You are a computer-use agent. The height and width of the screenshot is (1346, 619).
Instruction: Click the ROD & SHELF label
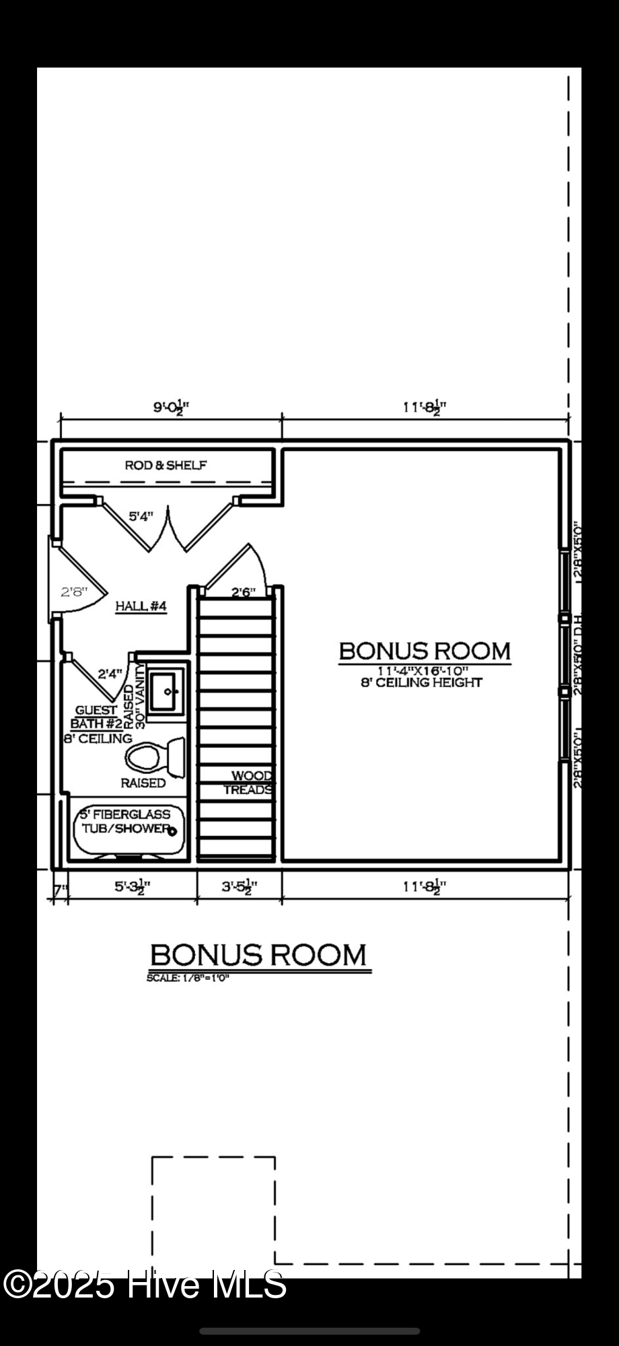pos(166,465)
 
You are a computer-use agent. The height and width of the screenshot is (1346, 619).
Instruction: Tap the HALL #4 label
pos(141,606)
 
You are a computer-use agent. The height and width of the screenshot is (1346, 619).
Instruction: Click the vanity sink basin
pos(166,690)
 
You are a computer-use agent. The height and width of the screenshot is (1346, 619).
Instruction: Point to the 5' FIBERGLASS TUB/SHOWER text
pos(125,822)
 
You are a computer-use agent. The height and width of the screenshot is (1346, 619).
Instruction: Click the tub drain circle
pos(173,831)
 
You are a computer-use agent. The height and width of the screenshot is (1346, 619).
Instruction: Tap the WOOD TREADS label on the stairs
pos(249,783)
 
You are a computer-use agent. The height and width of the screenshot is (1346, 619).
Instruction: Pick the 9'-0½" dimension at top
pos(172,407)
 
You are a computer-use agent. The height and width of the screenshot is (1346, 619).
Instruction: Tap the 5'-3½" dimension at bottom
pos(132,887)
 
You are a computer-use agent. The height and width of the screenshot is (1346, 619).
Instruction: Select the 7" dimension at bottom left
pos(60,890)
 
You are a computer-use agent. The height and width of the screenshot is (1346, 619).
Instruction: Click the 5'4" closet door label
pos(141,516)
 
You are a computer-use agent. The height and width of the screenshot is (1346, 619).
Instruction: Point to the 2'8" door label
pos(73,592)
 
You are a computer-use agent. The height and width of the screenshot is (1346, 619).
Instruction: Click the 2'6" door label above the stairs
pos(244,592)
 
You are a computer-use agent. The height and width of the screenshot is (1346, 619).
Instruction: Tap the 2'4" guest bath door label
pos(110,673)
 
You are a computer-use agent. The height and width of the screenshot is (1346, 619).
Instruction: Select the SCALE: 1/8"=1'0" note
pos(188,978)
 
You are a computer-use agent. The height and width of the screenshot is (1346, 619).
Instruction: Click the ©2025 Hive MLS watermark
pos(145,1285)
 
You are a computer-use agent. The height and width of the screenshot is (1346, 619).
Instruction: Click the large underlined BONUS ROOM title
pos(258,955)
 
